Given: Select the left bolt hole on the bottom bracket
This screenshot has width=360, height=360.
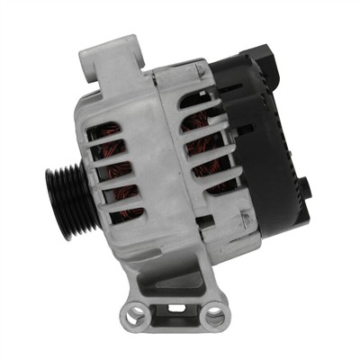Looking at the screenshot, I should pyautogui.click(x=136, y=315).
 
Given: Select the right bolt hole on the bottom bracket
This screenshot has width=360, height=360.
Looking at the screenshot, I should pyautogui.click(x=214, y=315).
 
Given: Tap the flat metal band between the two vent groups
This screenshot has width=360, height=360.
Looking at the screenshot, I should pyautogui.click(x=166, y=153).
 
